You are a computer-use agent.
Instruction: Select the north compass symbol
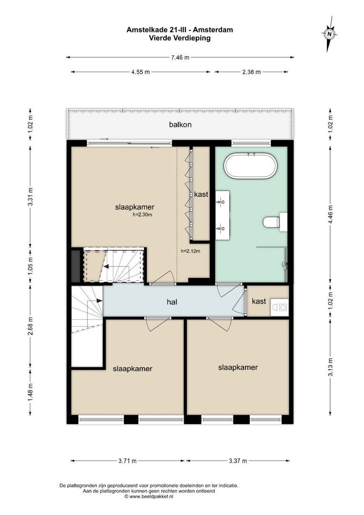tap(329, 34)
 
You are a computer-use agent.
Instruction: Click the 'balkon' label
tap(180, 125)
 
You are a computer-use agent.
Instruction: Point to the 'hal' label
tap(172, 301)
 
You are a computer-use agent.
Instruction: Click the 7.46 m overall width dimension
tap(180, 57)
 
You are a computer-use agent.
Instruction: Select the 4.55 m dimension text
tap(141, 72)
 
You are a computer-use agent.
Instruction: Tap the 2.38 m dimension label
tap(251, 72)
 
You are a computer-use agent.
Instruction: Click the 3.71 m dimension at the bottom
tap(127, 461)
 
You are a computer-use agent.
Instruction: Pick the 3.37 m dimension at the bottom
tap(238, 461)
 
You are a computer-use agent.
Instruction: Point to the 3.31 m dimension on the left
tap(30, 196)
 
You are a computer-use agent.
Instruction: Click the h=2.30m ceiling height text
tap(142, 215)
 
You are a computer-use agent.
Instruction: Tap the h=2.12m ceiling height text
tap(190, 251)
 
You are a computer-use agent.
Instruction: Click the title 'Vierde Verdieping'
tap(180, 39)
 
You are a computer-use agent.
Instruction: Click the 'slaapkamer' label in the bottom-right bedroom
tap(238, 367)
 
